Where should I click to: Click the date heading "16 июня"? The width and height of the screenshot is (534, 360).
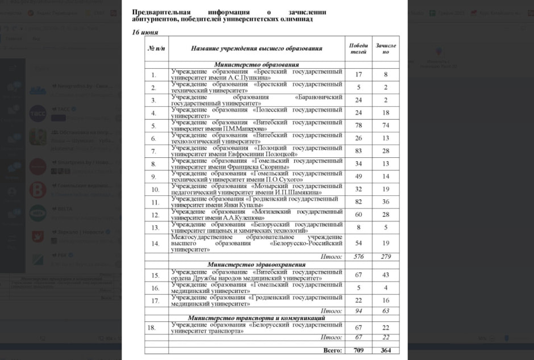(145, 32)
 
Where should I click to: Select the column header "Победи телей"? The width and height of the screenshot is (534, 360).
(358, 48)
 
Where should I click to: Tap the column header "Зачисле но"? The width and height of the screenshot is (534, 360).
(386, 48)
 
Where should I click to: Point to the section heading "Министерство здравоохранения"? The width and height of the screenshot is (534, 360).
(256, 264)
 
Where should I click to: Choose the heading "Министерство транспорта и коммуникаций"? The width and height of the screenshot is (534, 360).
(256, 318)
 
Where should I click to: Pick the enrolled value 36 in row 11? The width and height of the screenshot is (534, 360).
(386, 202)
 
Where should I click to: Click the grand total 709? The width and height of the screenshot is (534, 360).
(358, 350)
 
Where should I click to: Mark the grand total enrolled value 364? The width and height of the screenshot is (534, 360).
(386, 350)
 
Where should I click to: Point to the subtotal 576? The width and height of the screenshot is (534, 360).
(358, 257)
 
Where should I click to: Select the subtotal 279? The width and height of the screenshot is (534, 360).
(386, 257)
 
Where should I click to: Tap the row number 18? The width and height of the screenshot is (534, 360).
(151, 328)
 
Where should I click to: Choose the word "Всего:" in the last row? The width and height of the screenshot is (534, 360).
(332, 350)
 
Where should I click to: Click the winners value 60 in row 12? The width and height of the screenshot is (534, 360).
(358, 215)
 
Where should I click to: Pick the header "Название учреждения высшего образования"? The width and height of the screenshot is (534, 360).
(257, 48)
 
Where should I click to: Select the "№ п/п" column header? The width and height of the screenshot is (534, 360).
(156, 48)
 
